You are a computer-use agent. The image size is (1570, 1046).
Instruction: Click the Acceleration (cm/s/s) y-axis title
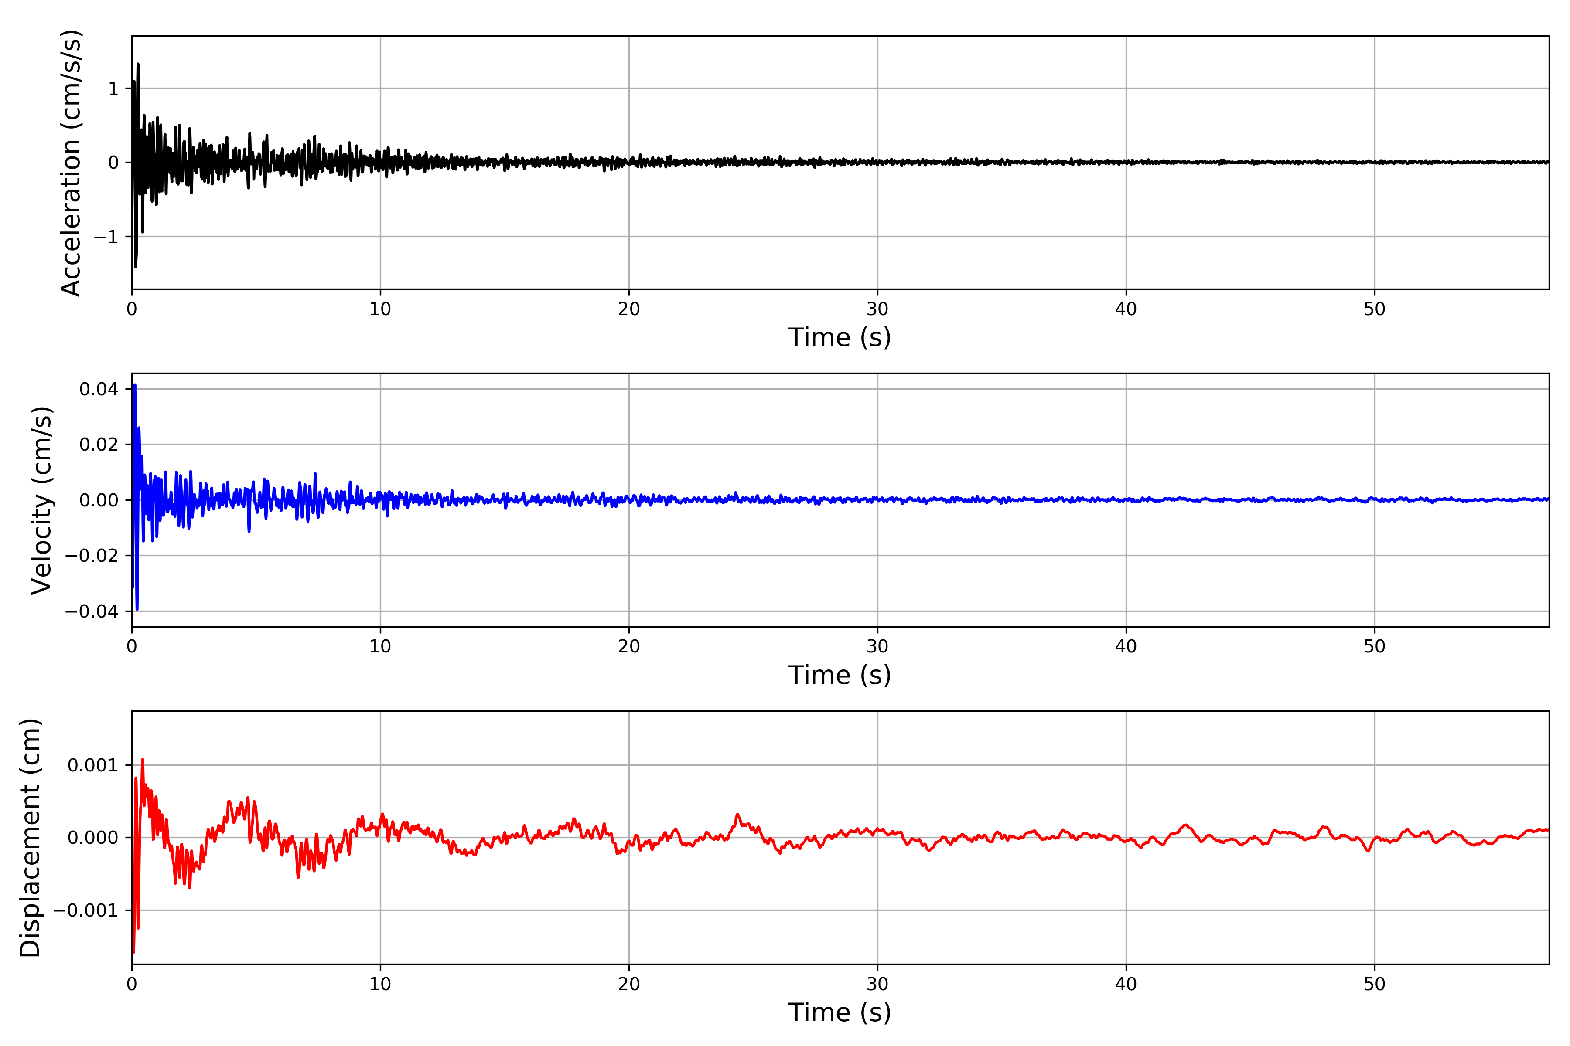[x=71, y=163]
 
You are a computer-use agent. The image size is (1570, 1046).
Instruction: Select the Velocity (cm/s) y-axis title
[x=41, y=500]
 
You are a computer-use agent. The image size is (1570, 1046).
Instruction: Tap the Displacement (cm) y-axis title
[x=31, y=838]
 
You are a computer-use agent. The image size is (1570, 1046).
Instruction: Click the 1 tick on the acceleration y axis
[x=113, y=89]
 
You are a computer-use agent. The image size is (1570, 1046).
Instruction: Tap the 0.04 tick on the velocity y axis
[x=99, y=389]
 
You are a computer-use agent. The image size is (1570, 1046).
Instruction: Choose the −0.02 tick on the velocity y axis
[x=92, y=556]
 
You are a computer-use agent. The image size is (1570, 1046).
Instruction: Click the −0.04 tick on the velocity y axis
[x=92, y=611]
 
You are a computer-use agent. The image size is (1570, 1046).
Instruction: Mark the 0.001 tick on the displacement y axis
[x=92, y=765]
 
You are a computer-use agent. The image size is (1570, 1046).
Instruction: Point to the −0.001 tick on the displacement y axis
[x=85, y=910]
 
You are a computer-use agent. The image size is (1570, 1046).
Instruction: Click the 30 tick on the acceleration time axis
[x=877, y=309]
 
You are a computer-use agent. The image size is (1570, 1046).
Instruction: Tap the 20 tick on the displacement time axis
[x=629, y=984]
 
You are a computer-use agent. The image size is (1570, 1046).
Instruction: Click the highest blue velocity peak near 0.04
[x=135, y=386]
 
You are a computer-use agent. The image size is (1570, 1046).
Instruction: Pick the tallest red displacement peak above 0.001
[x=142, y=760]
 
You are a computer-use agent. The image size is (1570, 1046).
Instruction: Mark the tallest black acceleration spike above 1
[x=137, y=65]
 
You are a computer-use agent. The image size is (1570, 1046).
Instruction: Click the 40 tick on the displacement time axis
[x=1126, y=984]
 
